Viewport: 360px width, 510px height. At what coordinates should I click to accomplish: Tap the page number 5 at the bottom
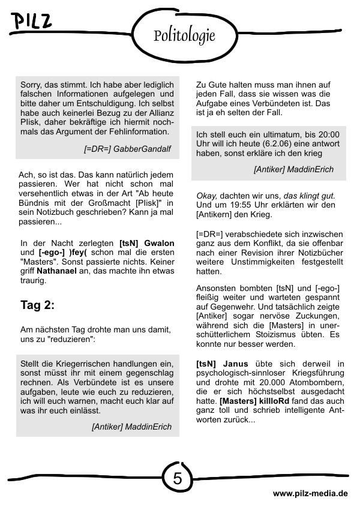178,478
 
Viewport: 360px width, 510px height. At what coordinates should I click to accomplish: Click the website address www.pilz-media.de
310,493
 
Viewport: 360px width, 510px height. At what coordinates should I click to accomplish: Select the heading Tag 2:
37,305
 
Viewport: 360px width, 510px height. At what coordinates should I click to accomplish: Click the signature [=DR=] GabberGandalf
123,148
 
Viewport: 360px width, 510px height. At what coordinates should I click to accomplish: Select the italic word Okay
206,196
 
